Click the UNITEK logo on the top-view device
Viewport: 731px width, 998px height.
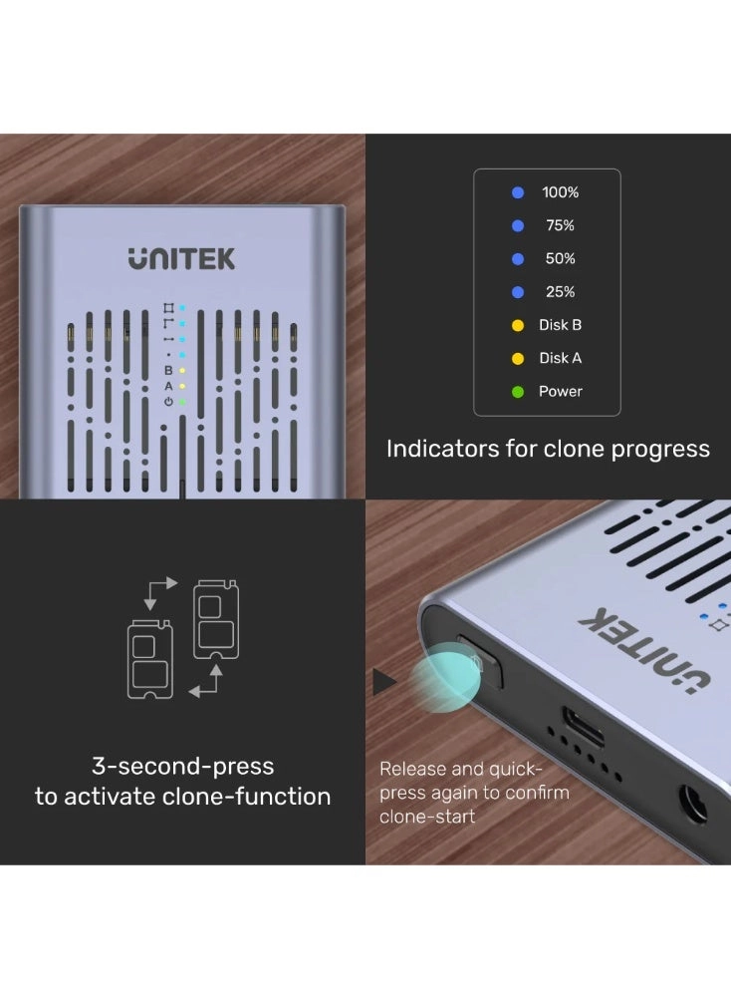181,258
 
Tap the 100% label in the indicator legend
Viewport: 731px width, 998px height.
560,192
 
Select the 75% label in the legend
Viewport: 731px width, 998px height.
560,225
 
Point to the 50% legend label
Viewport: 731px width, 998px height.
560,258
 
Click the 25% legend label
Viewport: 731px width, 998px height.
560,292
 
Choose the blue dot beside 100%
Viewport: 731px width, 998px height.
517,192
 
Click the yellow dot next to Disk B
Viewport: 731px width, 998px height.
517,325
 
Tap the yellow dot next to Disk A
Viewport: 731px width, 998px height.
517,358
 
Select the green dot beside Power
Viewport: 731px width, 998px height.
517,392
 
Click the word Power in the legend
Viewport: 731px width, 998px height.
560,392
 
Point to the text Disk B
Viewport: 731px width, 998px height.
560,325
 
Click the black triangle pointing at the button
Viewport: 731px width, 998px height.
383,682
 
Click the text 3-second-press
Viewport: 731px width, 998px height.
182,767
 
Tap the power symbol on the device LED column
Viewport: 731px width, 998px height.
168,401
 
